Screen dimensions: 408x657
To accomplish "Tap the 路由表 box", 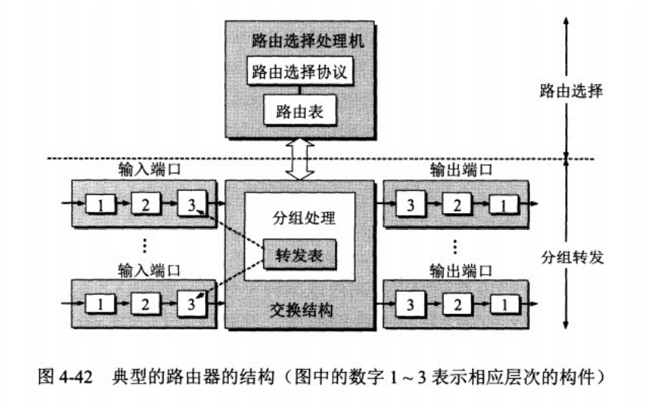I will pos(300,112).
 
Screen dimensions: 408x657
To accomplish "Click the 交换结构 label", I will pos(300,312).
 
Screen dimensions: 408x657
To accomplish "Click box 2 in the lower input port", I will pos(145,304).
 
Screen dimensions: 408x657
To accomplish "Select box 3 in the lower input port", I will pos(190,304).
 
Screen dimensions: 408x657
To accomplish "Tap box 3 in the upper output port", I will pos(410,204).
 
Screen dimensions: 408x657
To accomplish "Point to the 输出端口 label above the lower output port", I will pos(456,270).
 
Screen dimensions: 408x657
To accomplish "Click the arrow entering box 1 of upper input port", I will pos(74,204).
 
